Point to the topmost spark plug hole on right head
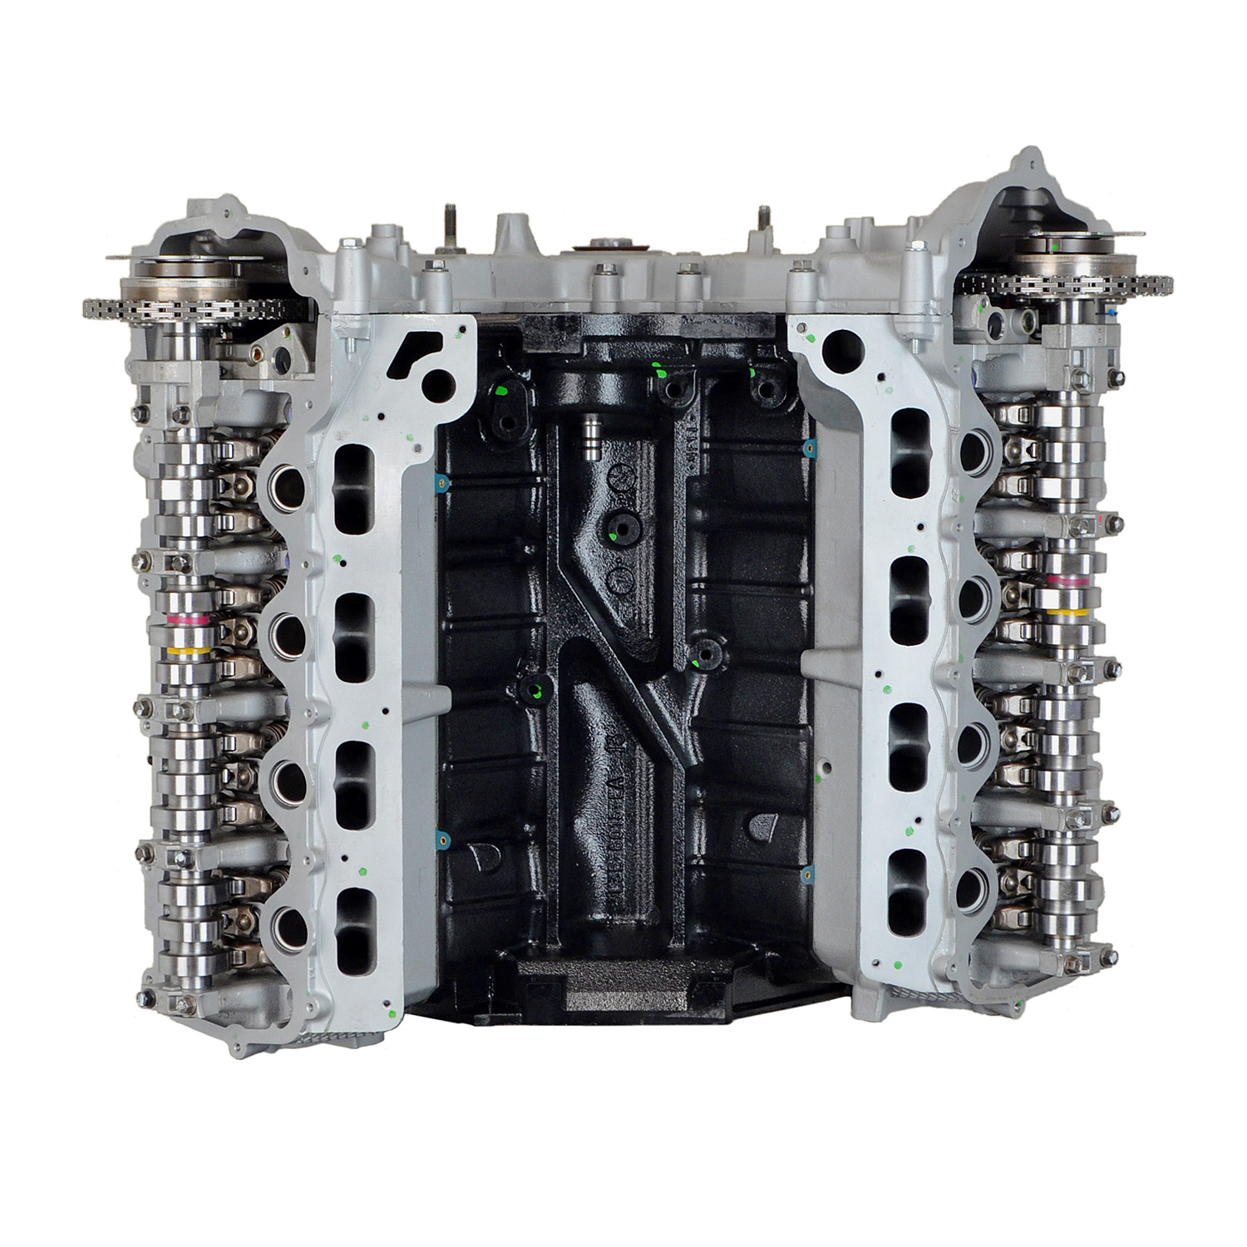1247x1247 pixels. (x=973, y=451)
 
